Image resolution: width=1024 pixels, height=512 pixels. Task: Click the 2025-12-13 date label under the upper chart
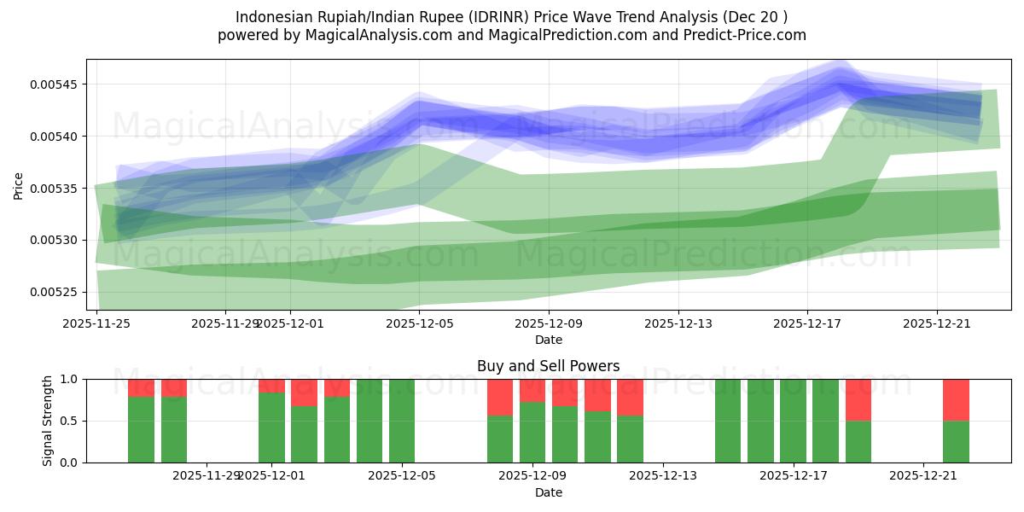678,323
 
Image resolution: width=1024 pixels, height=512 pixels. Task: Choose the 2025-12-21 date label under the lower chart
924,476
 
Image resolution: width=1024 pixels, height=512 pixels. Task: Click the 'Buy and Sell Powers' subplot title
548,366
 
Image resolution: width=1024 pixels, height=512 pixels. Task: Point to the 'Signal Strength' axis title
48,420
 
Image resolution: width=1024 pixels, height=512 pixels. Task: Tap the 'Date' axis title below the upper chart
548,340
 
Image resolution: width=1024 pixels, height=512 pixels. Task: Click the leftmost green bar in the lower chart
141,429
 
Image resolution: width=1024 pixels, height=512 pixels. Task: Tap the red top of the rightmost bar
956,399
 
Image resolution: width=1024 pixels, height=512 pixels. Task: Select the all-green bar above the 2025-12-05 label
402,421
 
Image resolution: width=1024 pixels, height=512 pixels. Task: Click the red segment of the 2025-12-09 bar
532,390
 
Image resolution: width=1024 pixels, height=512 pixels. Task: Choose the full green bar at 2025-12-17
793,421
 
